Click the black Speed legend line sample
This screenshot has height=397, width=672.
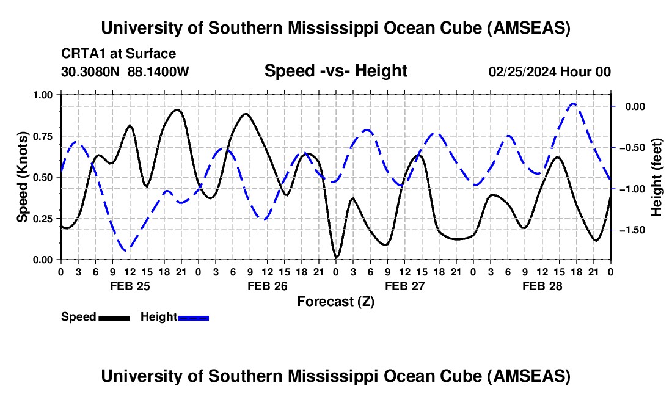pyautogui.click(x=113, y=318)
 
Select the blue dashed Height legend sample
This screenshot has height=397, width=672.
pyautogui.click(x=193, y=318)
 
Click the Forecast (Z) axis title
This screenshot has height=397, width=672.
pyautogui.click(x=335, y=302)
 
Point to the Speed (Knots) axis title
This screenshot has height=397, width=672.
pyautogui.click(x=23, y=177)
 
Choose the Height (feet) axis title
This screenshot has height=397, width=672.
pyautogui.click(x=656, y=177)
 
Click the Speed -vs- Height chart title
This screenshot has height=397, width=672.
pyautogui.click(x=335, y=71)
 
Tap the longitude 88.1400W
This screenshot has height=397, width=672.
pyautogui.click(x=158, y=71)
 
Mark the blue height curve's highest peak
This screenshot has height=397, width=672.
pyautogui.click(x=572, y=104)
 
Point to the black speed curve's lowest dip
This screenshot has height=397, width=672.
pyautogui.click(x=336, y=257)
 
